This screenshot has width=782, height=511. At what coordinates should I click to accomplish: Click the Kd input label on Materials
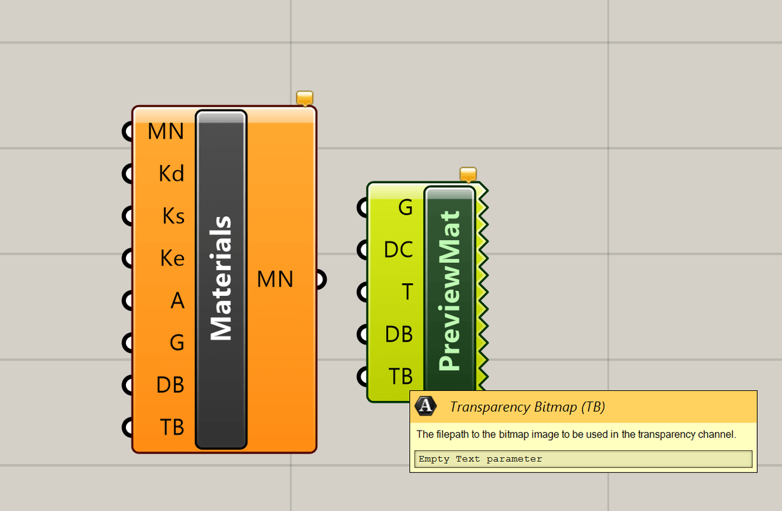pyautogui.click(x=171, y=174)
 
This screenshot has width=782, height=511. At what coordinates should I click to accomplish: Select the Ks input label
pyautogui.click(x=173, y=216)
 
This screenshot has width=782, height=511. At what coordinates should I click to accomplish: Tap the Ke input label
pyautogui.click(x=172, y=259)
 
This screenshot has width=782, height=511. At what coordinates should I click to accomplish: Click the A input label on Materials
pyautogui.click(x=178, y=301)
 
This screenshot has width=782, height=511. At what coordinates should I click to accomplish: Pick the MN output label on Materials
pyautogui.click(x=275, y=280)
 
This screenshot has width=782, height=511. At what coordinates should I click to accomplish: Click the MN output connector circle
pyautogui.click(x=320, y=280)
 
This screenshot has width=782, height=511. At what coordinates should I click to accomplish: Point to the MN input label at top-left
pyautogui.click(x=166, y=132)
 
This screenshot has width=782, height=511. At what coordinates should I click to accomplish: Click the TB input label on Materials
pyautogui.click(x=172, y=428)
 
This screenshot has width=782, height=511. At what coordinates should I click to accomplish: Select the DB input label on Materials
pyautogui.click(x=171, y=385)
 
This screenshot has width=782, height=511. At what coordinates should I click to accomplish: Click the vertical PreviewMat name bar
pyautogui.click(x=449, y=291)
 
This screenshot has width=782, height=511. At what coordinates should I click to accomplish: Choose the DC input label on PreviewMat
pyautogui.click(x=399, y=250)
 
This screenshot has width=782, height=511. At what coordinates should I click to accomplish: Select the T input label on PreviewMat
pyautogui.click(x=407, y=292)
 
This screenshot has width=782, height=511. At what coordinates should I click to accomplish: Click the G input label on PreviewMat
pyautogui.click(x=406, y=207)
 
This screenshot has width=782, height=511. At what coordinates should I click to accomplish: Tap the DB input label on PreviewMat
pyautogui.click(x=399, y=334)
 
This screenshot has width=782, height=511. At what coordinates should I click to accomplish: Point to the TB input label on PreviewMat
pyautogui.click(x=400, y=376)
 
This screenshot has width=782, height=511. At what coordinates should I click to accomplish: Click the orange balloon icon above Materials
pyautogui.click(x=305, y=98)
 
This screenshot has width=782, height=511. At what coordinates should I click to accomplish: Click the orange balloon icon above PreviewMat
pyautogui.click(x=468, y=174)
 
